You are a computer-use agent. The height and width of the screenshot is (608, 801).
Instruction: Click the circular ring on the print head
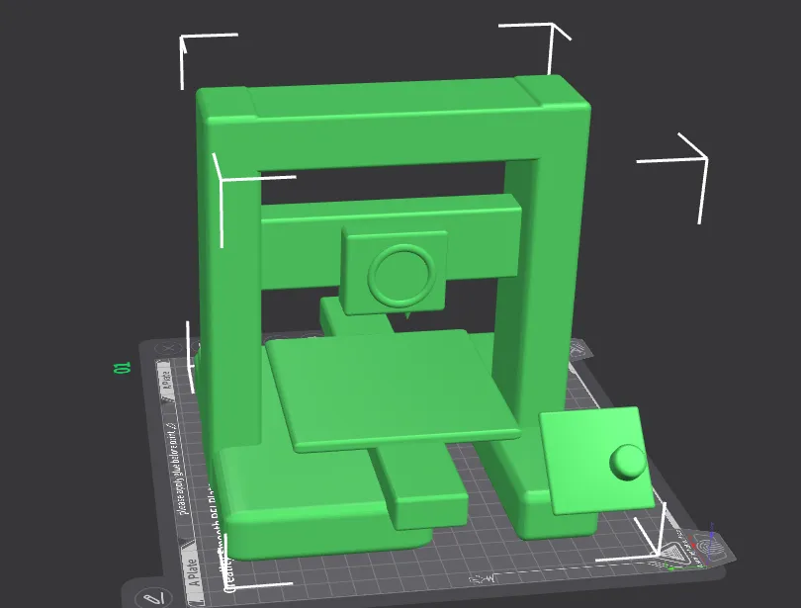click(x=401, y=274)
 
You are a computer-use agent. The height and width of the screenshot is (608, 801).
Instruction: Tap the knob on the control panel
click(x=627, y=462)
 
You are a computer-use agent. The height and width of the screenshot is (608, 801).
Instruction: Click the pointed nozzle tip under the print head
click(x=407, y=318)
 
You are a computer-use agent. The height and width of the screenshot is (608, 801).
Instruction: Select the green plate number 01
click(x=124, y=368)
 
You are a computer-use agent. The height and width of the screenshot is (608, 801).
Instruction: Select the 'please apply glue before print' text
click(x=182, y=465)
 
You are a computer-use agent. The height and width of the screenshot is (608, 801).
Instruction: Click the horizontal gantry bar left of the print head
click(x=297, y=247)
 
